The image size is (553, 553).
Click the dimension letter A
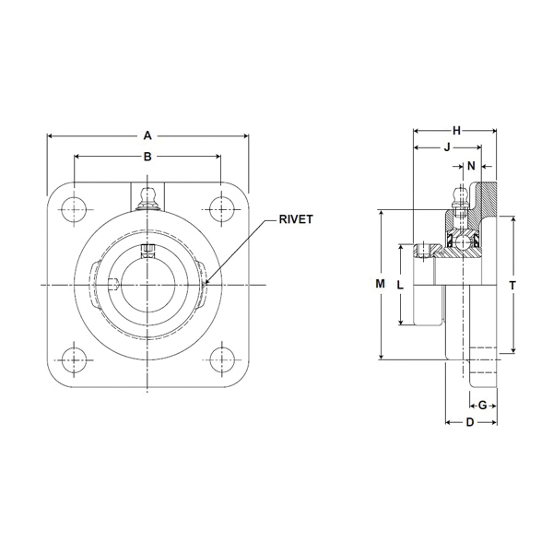click(147, 135)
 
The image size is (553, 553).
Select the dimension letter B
click(147, 157)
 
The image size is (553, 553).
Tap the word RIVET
click(296, 219)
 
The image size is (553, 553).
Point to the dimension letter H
click(457, 131)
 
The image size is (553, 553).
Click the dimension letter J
click(447, 147)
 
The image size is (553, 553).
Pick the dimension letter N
click(471, 166)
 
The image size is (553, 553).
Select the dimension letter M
click(380, 284)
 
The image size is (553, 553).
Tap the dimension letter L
click(400, 285)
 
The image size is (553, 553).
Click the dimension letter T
click(512, 285)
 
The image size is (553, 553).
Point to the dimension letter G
click(482, 406)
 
